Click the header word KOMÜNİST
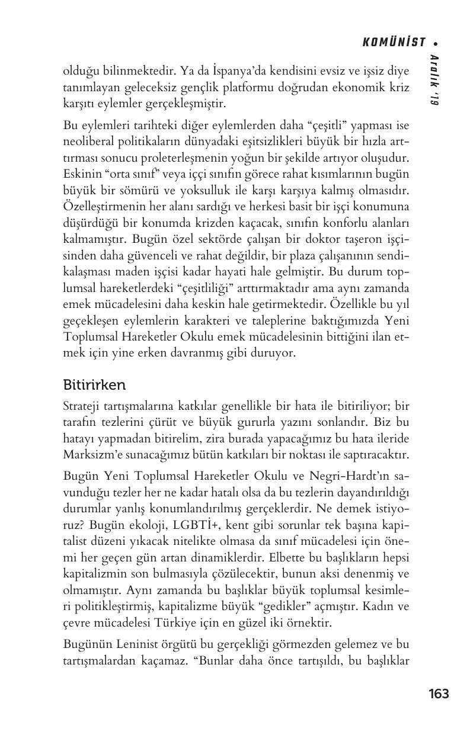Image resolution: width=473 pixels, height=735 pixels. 394,42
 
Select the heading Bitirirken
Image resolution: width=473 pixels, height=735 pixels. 94,385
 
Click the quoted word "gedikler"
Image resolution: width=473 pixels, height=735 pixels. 286,606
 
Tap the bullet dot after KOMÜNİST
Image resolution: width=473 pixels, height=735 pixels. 436,43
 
